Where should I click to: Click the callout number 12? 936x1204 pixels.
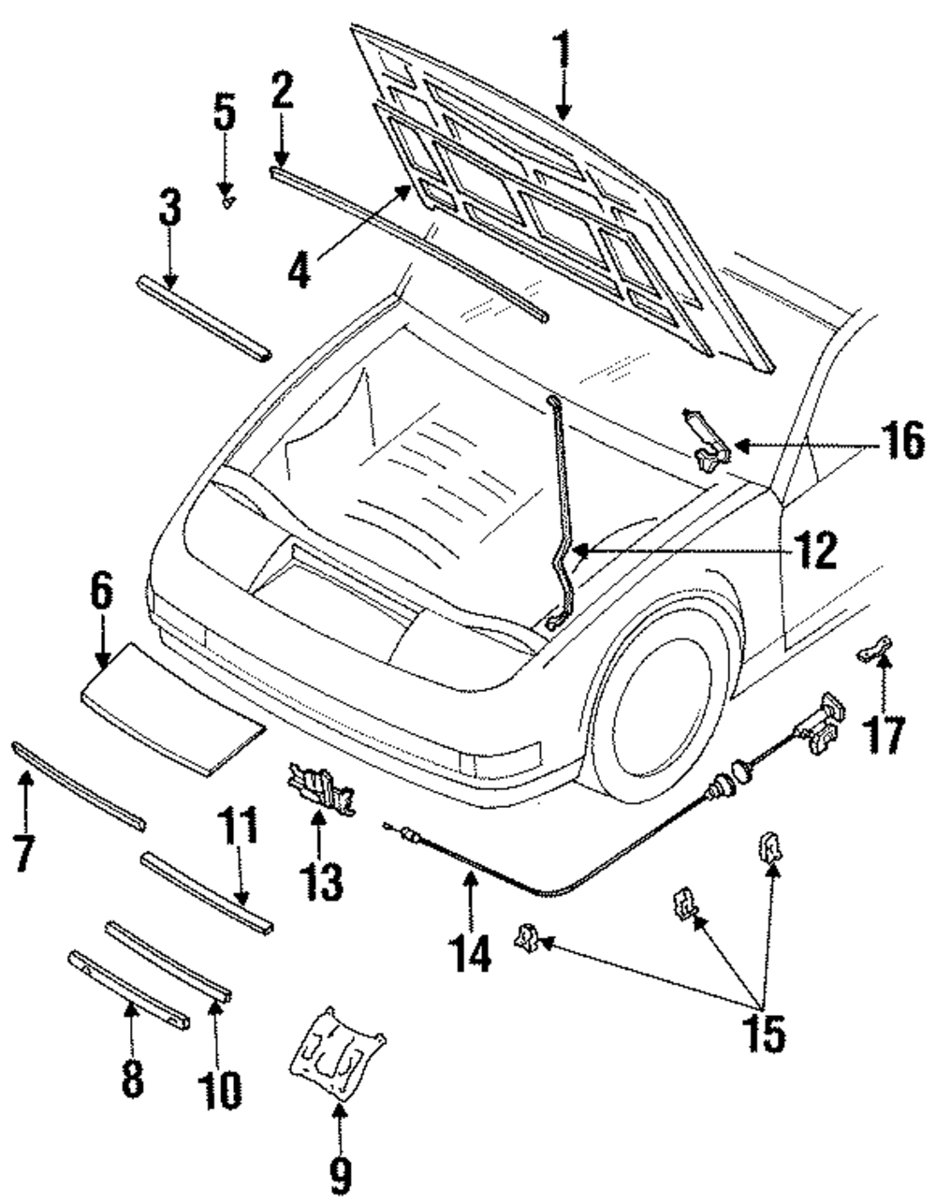[x=811, y=551]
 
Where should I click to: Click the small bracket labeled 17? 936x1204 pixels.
[x=874, y=648]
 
